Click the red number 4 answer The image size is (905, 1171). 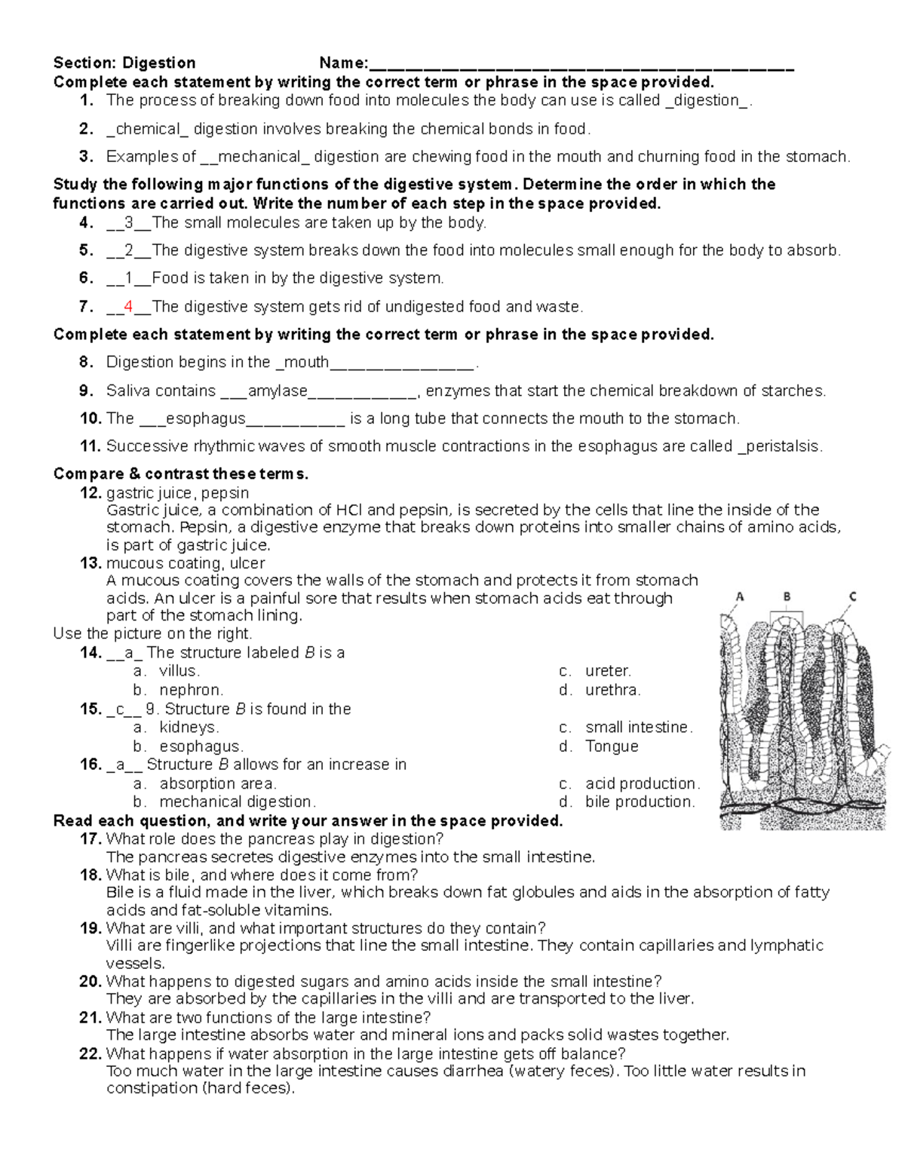point(128,307)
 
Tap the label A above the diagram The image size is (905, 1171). point(740,596)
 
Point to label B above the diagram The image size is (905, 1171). point(787,596)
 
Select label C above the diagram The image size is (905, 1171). point(852,596)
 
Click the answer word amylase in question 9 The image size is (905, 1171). point(277,391)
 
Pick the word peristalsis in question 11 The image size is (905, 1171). point(782,446)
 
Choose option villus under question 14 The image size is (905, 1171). point(179,671)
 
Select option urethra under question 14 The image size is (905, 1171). point(612,690)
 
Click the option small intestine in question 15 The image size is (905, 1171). point(637,728)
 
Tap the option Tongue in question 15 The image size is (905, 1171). point(612,746)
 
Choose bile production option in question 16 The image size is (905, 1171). point(640,802)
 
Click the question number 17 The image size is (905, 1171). point(90,839)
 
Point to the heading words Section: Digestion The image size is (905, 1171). point(124,63)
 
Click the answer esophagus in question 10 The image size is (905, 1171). point(205,418)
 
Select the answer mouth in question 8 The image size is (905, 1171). point(305,363)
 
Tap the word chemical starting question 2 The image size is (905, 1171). point(147,129)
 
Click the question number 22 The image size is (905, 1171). point(90,1054)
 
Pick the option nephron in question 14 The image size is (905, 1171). point(191,690)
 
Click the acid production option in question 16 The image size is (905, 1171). point(642,783)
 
